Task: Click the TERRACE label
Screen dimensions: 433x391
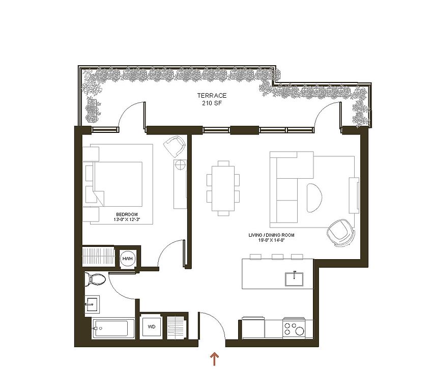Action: pyautogui.click(x=212, y=96)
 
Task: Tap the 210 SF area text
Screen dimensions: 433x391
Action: pyautogui.click(x=212, y=103)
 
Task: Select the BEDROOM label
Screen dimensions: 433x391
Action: pyautogui.click(x=127, y=214)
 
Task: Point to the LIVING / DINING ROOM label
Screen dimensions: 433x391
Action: pyautogui.click(x=272, y=235)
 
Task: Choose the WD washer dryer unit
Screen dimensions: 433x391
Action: pyautogui.click(x=151, y=327)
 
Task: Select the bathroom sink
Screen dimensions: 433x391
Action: pyautogui.click(x=92, y=304)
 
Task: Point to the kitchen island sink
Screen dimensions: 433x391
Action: pyautogui.click(x=294, y=279)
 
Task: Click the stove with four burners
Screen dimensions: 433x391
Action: pyautogui.click(x=294, y=329)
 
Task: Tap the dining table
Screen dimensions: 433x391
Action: pyautogui.click(x=223, y=188)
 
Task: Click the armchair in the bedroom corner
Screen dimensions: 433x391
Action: pyautogui.click(x=175, y=147)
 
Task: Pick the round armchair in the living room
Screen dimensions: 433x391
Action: pyautogui.click(x=340, y=233)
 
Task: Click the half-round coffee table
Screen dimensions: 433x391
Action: pyautogui.click(x=314, y=198)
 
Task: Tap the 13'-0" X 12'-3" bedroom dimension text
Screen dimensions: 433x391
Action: pyautogui.click(x=127, y=219)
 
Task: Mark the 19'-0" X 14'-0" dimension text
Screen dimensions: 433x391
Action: pyautogui.click(x=272, y=240)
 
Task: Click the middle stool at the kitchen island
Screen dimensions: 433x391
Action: pyautogui.click(x=277, y=257)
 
